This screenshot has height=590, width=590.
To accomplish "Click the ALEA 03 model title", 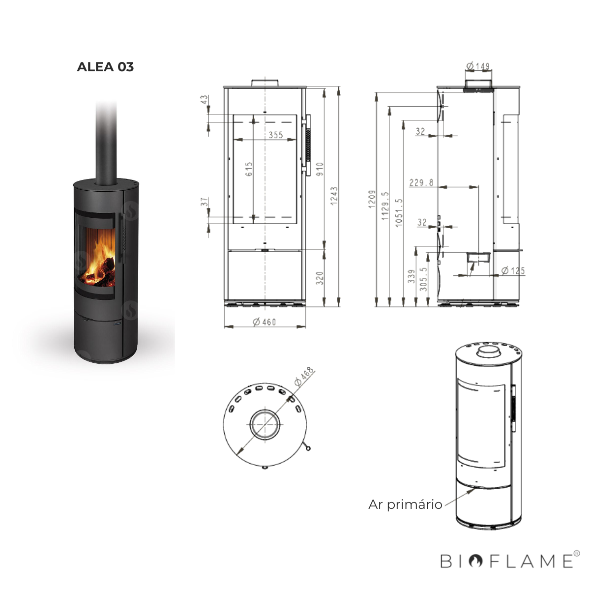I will click(x=105, y=67).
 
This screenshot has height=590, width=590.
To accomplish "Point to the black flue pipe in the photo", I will click(x=106, y=143).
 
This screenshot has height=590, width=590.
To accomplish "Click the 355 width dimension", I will click(x=276, y=135).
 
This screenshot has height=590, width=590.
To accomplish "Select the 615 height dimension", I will click(x=249, y=169).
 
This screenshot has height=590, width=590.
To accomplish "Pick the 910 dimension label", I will click(x=320, y=170).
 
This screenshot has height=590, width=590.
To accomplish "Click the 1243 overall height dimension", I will click(x=334, y=196).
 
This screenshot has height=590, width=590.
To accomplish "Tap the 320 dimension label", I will click(x=320, y=278).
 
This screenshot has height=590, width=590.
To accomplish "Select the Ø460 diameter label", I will click(x=265, y=322).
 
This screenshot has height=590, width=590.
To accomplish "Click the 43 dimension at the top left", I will click(x=204, y=100).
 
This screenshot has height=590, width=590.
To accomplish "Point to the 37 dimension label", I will click(x=204, y=202).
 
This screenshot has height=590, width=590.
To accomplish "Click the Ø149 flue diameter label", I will click(x=477, y=66).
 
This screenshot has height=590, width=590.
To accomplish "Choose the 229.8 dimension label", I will click(x=421, y=183).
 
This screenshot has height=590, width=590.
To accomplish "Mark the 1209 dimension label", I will click(x=372, y=199).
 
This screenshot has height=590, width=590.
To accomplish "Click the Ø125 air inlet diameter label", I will click(x=513, y=271).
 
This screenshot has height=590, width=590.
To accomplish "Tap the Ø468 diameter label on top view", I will click(x=304, y=377).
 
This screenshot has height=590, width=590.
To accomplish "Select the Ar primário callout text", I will click(x=405, y=504).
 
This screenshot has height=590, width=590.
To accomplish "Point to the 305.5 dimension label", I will click(x=424, y=278).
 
